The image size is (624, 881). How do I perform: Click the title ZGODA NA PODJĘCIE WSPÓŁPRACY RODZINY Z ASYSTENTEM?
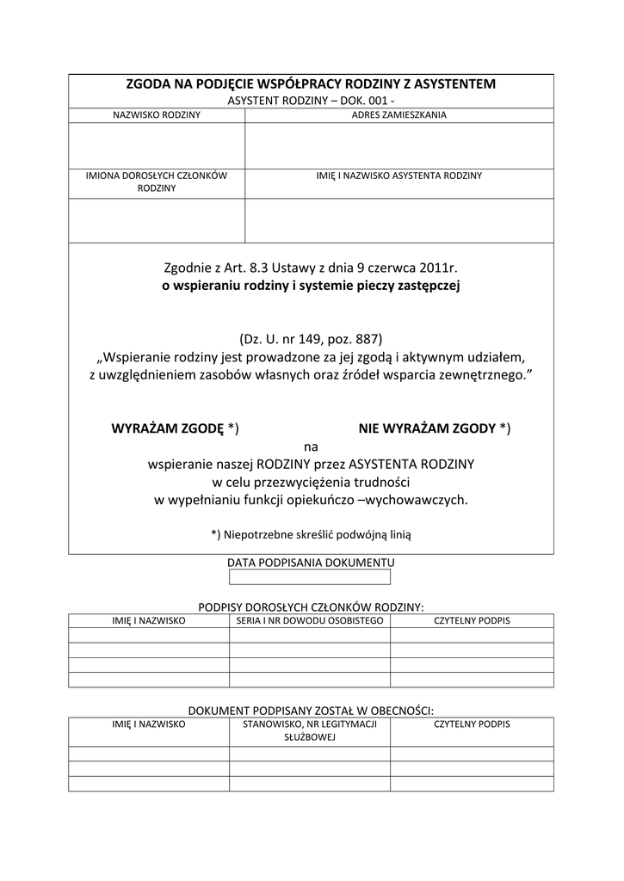[311, 84]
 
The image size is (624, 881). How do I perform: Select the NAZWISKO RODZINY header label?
[157, 114]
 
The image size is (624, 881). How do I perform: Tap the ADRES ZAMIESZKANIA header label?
[399, 114]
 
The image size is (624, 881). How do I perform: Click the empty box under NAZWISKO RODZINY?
[157, 145]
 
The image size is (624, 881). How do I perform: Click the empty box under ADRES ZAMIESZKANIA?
[399, 145]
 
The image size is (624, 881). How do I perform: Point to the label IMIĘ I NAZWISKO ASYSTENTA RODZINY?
[399, 176]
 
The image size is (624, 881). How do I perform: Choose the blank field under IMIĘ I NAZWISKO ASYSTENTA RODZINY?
[399, 220]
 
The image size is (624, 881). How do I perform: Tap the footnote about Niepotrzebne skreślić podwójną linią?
[311, 534]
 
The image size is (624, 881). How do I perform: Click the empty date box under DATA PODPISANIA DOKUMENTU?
[311, 577]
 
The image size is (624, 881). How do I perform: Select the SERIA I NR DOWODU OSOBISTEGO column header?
[310, 619]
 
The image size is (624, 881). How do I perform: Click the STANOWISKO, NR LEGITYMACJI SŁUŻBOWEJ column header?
[310, 731]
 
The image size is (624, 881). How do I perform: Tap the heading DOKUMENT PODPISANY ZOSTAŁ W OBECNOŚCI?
[311, 710]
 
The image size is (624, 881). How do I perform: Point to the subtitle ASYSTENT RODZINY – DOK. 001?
[311, 101]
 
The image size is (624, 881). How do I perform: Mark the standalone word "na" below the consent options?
[311, 447]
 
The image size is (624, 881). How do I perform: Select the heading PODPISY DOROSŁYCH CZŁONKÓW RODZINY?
[311, 606]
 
